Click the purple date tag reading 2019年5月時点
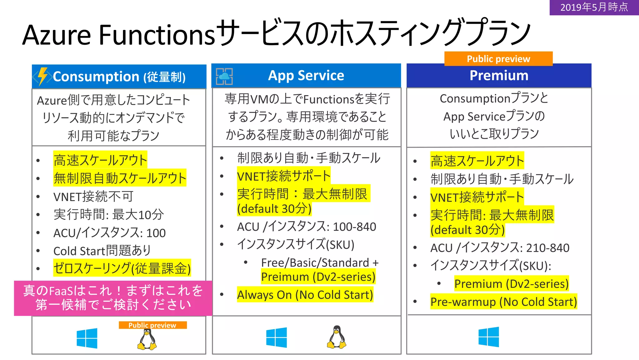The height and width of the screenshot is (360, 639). click(594, 7)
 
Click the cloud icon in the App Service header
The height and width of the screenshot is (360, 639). click(224, 76)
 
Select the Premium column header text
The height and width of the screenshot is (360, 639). click(499, 76)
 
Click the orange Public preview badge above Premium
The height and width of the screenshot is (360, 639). click(498, 59)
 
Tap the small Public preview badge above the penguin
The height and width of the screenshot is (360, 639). click(153, 325)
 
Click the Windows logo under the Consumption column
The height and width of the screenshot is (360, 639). click(87, 338)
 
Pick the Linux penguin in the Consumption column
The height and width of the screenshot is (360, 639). click(147, 340)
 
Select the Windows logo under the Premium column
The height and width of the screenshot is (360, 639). click(489, 337)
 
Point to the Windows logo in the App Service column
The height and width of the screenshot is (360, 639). click(276, 338)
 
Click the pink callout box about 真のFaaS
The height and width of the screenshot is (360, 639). click(113, 298)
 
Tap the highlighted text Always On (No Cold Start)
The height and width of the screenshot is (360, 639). click(305, 295)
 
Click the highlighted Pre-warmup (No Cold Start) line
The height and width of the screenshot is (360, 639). click(503, 302)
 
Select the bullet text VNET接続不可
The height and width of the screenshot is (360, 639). click(93, 197)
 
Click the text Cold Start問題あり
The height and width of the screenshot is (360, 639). click(102, 251)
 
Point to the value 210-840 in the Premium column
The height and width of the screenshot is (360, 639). click(548, 248)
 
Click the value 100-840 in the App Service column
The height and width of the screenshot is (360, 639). click(354, 227)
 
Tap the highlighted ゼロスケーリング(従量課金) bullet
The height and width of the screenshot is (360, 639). click(122, 268)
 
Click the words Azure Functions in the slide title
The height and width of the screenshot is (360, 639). click(119, 35)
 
